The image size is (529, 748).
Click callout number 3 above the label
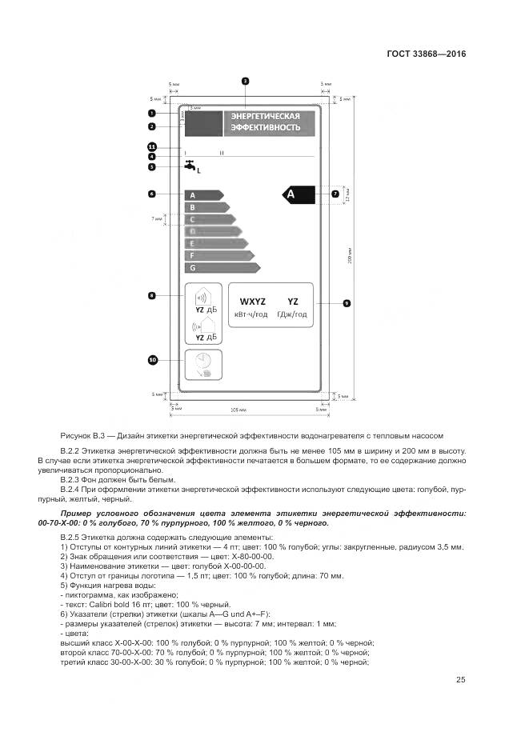click(245, 81)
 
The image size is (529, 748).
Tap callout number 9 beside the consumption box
click(347, 303)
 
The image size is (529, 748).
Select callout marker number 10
click(153, 361)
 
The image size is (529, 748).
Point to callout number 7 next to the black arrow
click(335, 194)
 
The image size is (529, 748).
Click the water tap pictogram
click(190, 166)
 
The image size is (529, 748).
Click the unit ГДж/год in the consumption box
click(292, 315)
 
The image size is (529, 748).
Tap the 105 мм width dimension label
click(238, 410)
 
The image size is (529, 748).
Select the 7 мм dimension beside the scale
click(157, 218)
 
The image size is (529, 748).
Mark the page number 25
click(461, 679)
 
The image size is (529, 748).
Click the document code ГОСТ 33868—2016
click(425, 54)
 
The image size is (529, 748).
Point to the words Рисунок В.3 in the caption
click(83, 436)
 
